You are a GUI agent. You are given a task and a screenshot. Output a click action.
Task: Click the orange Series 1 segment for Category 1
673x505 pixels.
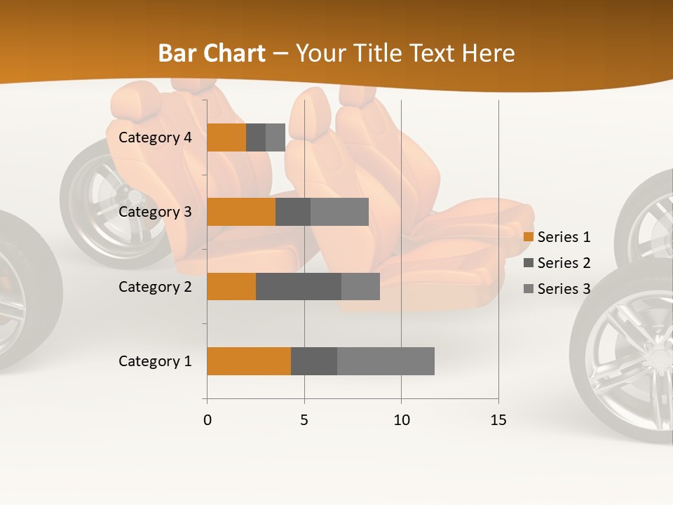tap(249, 361)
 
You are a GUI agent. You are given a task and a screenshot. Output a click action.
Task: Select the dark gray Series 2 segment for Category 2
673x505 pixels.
tap(299, 286)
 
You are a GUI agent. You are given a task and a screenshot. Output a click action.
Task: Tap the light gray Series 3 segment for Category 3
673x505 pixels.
tap(339, 212)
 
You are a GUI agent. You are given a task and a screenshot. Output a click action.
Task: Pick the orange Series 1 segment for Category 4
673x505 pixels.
tap(226, 137)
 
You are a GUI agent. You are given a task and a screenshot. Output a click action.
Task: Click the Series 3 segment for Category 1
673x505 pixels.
tap(386, 361)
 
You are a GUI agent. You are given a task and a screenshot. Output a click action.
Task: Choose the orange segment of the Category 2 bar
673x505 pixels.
tap(231, 286)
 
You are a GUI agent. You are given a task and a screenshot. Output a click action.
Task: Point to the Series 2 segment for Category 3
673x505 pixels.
tap(293, 212)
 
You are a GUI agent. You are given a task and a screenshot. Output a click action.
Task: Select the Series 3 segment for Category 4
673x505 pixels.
tap(276, 137)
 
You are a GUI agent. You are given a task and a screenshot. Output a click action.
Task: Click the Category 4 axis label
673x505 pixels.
tap(155, 137)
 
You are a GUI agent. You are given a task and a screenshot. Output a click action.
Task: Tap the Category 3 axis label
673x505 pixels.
tap(155, 212)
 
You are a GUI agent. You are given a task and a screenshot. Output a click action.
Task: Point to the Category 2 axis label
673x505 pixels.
tap(155, 286)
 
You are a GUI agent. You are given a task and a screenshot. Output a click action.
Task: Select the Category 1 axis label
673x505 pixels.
tap(155, 361)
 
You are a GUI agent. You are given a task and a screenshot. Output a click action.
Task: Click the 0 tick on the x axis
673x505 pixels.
tap(207, 420)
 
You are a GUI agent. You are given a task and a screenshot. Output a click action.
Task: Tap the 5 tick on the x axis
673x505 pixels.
tap(304, 420)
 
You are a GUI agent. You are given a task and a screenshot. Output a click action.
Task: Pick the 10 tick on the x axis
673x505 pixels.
tap(401, 420)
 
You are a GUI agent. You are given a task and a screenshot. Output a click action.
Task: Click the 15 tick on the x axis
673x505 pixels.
tap(498, 420)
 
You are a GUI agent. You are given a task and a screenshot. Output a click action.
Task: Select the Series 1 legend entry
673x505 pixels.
tap(557, 237)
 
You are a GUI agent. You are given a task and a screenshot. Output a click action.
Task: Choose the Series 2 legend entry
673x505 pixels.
tap(557, 263)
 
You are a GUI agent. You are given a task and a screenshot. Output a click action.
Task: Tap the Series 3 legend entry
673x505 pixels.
tap(557, 289)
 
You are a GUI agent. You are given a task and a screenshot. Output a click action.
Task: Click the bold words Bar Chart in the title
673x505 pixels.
tap(212, 53)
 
